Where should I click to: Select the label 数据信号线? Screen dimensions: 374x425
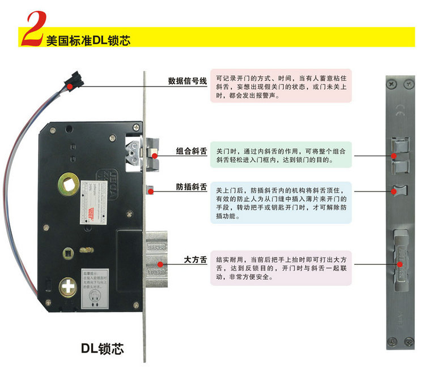tap(188, 81)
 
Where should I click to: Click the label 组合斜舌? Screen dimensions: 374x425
tap(191, 152)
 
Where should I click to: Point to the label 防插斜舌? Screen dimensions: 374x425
tap(191, 187)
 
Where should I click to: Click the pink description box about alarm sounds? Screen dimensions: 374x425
tap(280, 86)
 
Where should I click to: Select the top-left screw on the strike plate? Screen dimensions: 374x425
tap(392, 84)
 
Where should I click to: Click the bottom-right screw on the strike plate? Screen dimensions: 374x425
tap(409, 340)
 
